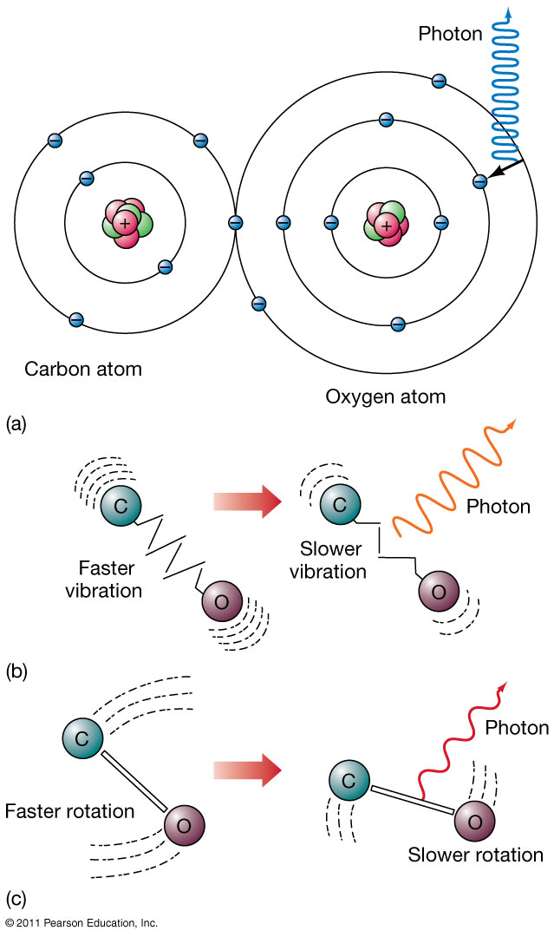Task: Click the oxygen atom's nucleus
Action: (387, 223)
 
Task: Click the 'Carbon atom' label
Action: (83, 370)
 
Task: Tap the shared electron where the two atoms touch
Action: (235, 223)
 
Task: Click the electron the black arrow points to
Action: (479, 180)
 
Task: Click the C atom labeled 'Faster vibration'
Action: (120, 504)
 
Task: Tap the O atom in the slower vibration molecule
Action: (437, 593)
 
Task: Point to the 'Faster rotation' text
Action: (69, 812)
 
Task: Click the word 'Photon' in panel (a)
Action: (451, 35)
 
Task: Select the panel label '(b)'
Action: (16, 671)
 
